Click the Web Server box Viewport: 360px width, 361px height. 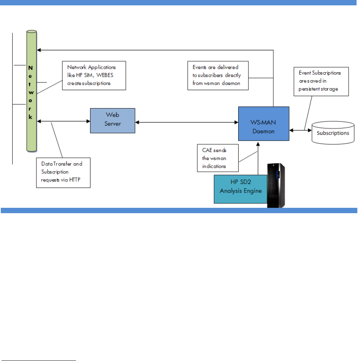click(x=112, y=120)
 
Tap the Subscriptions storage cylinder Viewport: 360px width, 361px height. click(x=332, y=133)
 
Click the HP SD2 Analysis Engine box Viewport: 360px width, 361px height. click(x=240, y=189)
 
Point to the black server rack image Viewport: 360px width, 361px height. click(x=276, y=185)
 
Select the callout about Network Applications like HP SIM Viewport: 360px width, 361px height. click(x=94, y=76)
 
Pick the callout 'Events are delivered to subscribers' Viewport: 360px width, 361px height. click(x=218, y=75)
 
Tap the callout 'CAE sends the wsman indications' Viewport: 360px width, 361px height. click(x=218, y=157)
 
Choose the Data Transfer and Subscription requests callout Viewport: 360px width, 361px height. click(x=63, y=173)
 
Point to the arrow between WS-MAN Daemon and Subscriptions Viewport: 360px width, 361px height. click(x=300, y=130)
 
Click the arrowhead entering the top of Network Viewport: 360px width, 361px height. click(x=39, y=50)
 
